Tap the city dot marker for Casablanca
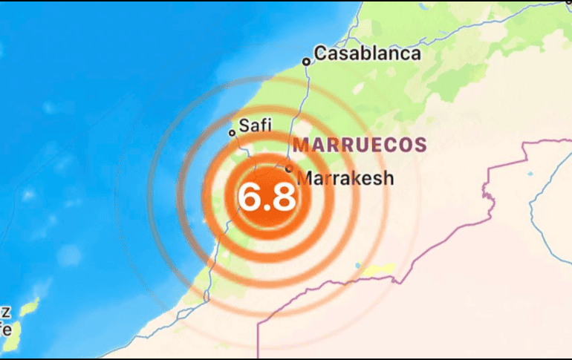coord(305,62)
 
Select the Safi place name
coord(254,126)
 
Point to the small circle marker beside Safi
coord(232,133)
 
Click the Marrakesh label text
coord(345,178)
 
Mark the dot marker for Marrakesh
coord(288,168)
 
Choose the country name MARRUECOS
coord(360,144)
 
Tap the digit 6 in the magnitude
coord(250,198)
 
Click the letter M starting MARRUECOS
coord(301,144)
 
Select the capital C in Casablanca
coord(320,54)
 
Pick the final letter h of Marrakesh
coord(387,178)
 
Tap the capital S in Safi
coord(245,126)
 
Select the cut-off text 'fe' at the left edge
coord(5,328)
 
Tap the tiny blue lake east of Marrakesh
coord(530,174)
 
